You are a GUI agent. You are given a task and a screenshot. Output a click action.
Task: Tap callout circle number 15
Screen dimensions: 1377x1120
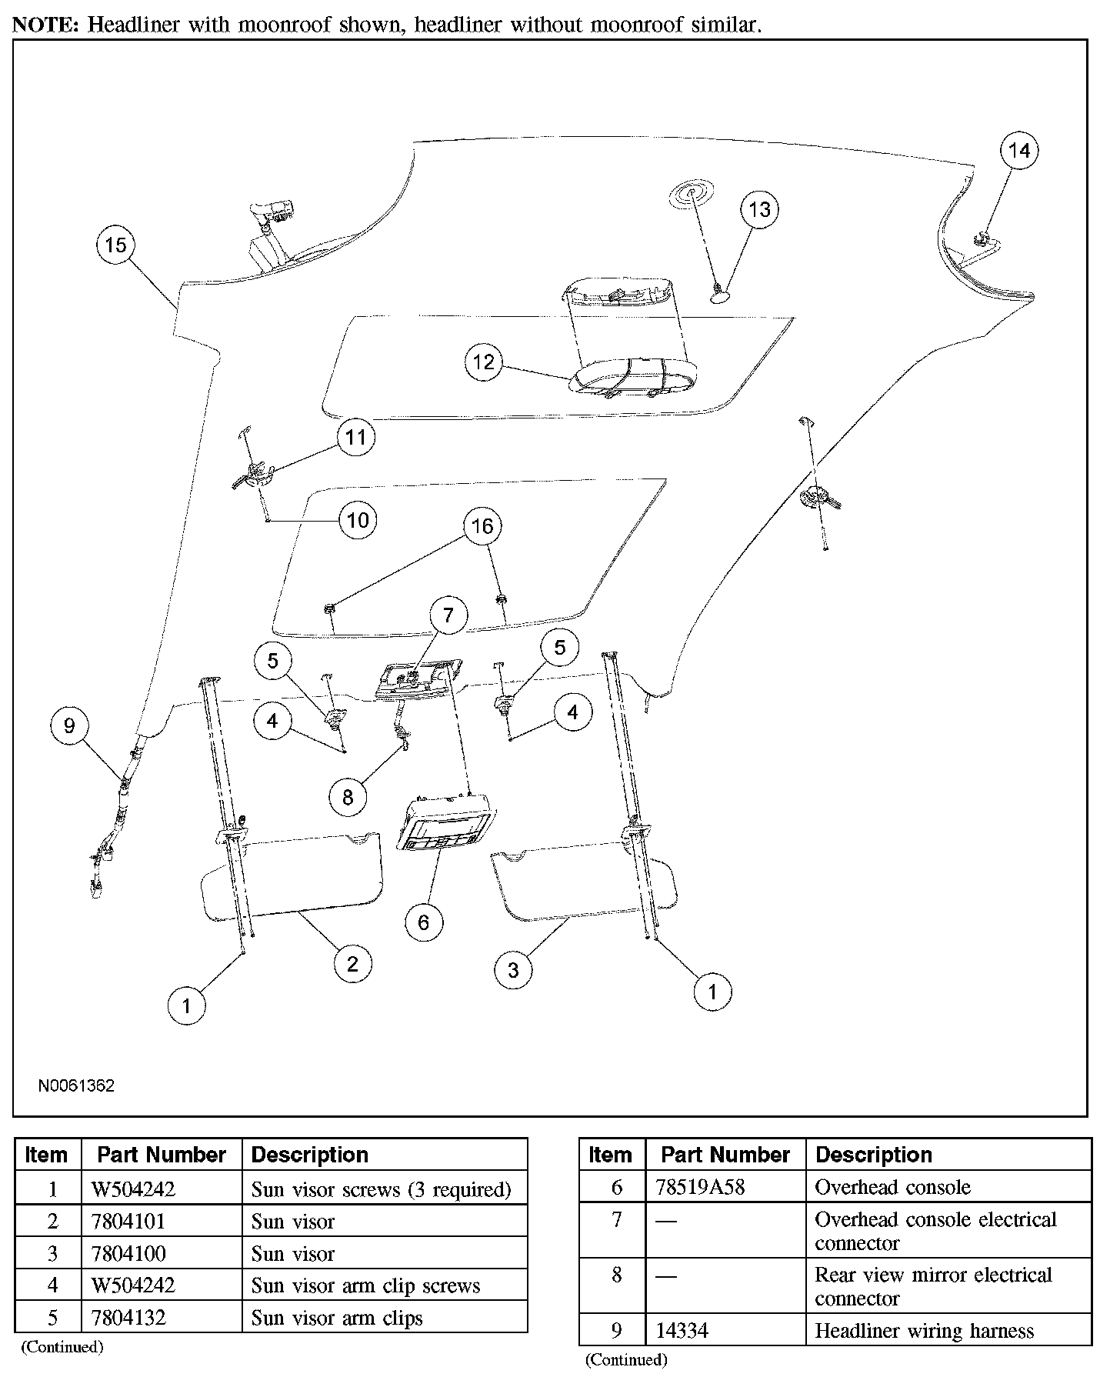pos(115,245)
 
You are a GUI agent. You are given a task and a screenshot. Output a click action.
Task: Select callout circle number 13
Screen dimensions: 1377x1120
pos(759,209)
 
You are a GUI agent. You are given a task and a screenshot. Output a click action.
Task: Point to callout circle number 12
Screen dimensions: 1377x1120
pos(484,362)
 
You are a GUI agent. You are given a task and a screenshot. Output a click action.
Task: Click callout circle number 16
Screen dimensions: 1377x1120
pos(482,526)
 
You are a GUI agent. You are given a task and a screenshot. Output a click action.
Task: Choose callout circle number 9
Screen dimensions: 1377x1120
pos(69,726)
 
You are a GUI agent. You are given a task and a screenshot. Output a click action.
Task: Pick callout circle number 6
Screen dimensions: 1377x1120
pos(423,922)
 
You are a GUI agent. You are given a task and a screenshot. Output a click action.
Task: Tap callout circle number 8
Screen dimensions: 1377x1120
pos(348,797)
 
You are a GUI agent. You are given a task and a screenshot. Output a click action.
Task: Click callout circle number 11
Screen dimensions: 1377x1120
pos(355,438)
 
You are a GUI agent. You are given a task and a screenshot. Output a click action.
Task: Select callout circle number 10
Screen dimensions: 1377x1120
pos(358,521)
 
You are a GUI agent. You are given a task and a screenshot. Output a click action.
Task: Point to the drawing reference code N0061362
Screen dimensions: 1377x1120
pos(77,1085)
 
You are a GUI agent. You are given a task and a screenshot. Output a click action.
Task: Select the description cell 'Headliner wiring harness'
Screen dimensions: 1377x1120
pos(924,1331)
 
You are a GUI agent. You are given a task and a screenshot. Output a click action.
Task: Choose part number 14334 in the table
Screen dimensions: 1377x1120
pos(682,1331)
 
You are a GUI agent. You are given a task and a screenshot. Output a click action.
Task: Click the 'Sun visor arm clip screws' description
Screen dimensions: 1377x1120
pos(365,1285)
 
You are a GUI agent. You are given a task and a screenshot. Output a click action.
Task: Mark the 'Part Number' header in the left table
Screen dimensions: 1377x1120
pos(162,1155)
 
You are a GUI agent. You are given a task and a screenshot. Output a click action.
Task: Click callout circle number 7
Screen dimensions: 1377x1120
pos(448,615)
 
